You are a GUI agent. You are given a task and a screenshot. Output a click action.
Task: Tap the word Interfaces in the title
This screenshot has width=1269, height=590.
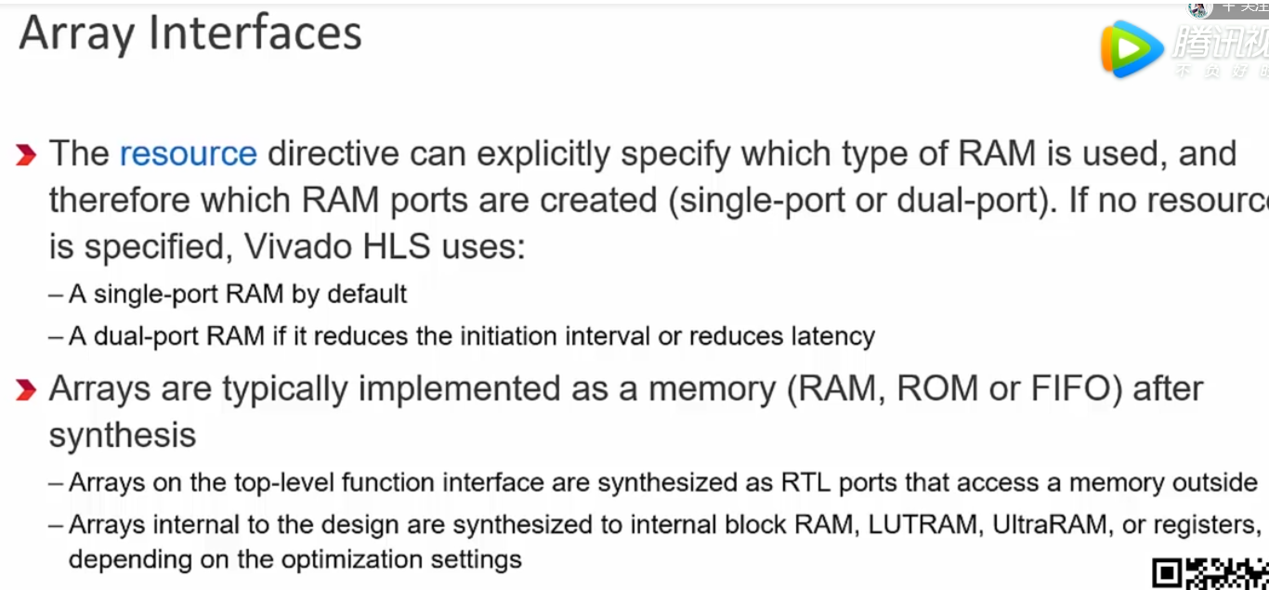pos(255,33)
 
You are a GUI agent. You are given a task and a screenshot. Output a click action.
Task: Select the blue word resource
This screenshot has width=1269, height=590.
pos(189,153)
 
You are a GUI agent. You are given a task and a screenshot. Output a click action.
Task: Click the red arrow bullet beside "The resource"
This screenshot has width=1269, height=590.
pos(26,155)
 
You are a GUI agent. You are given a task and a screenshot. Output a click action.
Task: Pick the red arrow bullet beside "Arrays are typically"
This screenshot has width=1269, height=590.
pos(26,390)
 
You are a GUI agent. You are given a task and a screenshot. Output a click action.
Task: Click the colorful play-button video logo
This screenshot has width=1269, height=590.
pos(1130,48)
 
